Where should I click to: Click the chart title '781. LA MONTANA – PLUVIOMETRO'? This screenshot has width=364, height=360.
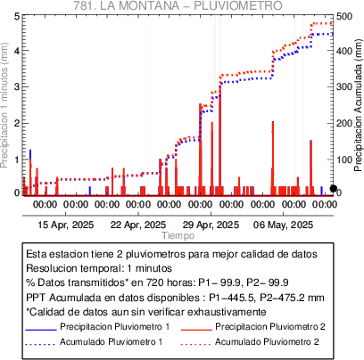pyautogui.click(x=178, y=5)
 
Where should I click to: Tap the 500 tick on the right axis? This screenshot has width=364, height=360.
pyautogui.click(x=344, y=16)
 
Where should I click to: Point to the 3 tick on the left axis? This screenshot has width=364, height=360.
pyautogui.click(x=17, y=86)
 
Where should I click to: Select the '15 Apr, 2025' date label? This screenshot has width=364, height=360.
pyautogui.click(x=66, y=225)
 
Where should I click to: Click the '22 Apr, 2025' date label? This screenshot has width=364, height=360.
pyautogui.click(x=138, y=225)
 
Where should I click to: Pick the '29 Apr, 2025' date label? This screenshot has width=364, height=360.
pyautogui.click(x=211, y=225)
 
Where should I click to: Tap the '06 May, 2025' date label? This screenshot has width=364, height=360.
pyautogui.click(x=283, y=225)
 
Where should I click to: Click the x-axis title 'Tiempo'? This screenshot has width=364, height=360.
pyautogui.click(x=178, y=235)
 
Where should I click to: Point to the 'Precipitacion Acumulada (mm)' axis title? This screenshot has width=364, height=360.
pyautogui.click(x=359, y=105)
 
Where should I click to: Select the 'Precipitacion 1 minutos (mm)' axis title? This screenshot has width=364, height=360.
pyautogui.click(x=4, y=105)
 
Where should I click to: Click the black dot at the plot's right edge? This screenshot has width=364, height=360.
pyautogui.click(x=334, y=188)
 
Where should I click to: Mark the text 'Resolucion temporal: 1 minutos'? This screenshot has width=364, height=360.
pyautogui.click(x=99, y=268)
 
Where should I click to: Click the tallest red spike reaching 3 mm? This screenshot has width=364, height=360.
pyautogui.click(x=220, y=140)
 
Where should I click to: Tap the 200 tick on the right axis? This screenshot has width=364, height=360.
pyautogui.click(x=344, y=123)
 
